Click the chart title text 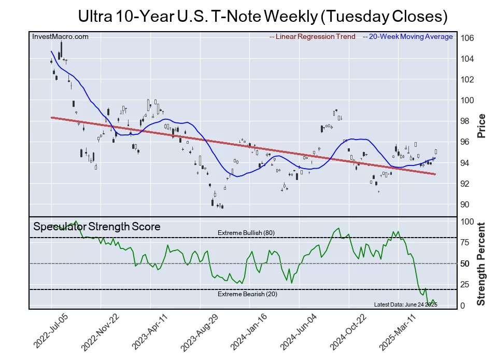coord(262,16)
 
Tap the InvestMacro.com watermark coord(60,36)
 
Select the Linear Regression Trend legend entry coord(313,37)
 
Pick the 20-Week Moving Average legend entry coord(407,37)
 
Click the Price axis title coord(481,126)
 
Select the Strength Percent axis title coord(481,264)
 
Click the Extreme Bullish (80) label coord(246,233)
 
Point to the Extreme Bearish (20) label coord(247,295)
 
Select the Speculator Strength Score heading coord(97,227)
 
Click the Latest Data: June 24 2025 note coord(405,304)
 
